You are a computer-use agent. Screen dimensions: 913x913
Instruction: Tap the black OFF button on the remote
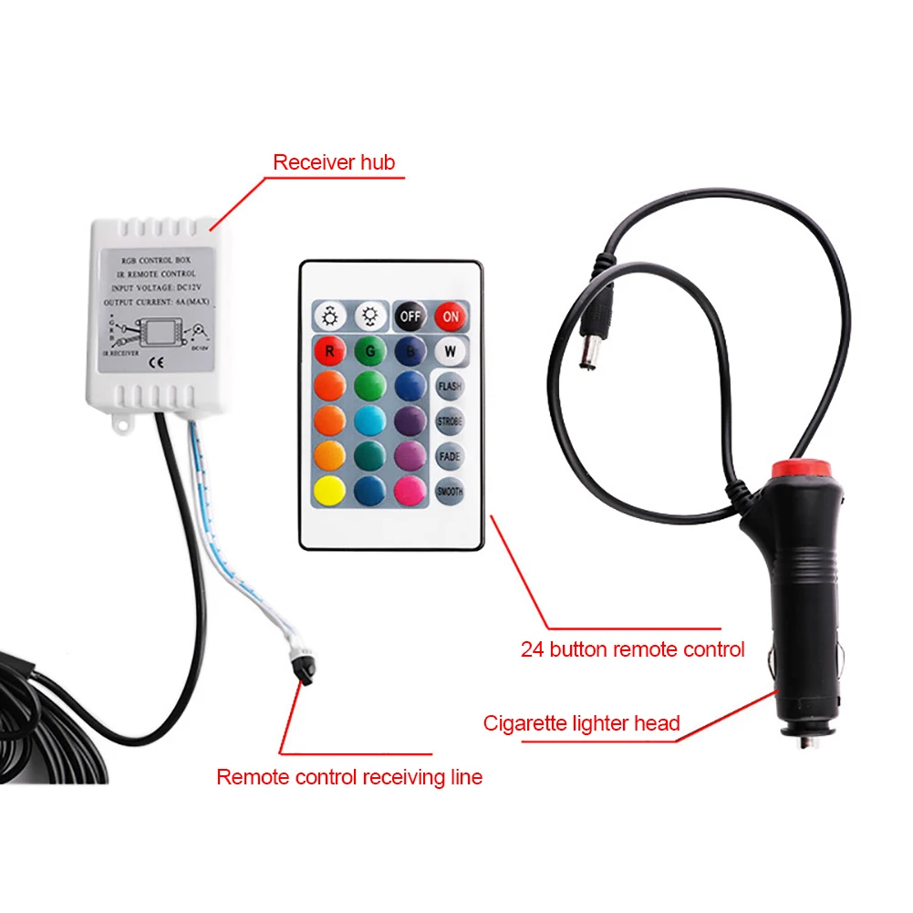410,316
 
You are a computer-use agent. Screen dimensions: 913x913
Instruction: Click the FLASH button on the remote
449,387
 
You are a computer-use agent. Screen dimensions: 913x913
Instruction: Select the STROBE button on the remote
449,421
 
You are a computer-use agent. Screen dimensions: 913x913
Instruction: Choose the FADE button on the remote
449,456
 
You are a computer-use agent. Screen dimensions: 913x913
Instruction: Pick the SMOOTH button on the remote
449,491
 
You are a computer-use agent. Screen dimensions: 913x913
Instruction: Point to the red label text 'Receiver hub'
334,163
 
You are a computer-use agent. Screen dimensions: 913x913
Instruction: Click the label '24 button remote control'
632,649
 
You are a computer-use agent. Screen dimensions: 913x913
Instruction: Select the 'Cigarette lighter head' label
581,723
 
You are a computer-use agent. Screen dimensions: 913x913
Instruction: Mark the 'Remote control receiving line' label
349,777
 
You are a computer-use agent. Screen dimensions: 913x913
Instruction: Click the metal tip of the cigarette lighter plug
806,741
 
